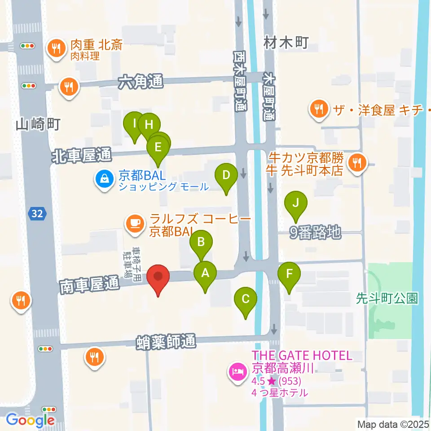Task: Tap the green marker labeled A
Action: coord(205,273)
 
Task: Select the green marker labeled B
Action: coord(201,243)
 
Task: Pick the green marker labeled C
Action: coord(246,299)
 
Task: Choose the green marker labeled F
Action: coord(289,274)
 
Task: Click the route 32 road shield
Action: coord(37,214)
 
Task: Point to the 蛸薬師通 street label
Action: coord(167,343)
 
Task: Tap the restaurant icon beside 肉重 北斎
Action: coord(57,47)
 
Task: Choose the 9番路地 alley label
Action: coord(316,232)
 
